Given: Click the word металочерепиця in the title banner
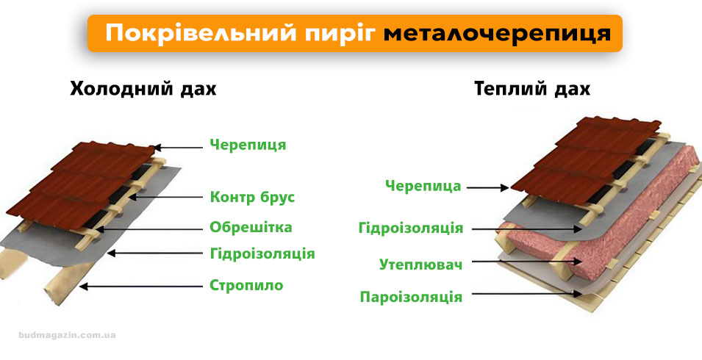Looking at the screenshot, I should click(x=497, y=34).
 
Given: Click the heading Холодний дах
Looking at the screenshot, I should click(x=143, y=90).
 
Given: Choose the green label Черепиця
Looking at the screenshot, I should click(x=248, y=145).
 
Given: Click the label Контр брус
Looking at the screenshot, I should click(x=252, y=197).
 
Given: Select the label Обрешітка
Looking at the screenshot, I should click(x=251, y=226).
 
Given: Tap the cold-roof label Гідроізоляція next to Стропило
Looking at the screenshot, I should click(x=262, y=254).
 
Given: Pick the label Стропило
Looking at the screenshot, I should click(x=246, y=285).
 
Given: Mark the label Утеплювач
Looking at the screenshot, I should click(x=420, y=264).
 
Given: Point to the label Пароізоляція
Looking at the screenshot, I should click(x=411, y=297).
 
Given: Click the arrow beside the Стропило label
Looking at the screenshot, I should click(x=140, y=287).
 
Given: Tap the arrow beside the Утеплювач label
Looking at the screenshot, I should click(x=515, y=260).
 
